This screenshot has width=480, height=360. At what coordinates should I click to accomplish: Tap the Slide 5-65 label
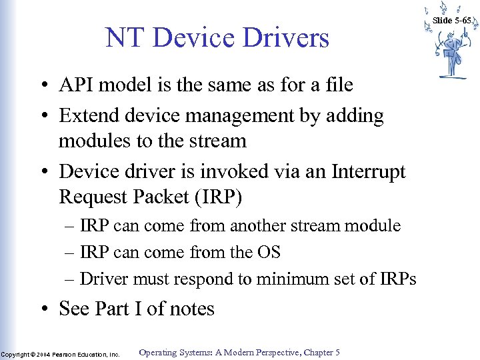452,21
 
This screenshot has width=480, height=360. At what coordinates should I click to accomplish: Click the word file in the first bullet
337,85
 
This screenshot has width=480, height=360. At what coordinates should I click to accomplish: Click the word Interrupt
366,172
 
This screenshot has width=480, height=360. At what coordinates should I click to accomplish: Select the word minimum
297,279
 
